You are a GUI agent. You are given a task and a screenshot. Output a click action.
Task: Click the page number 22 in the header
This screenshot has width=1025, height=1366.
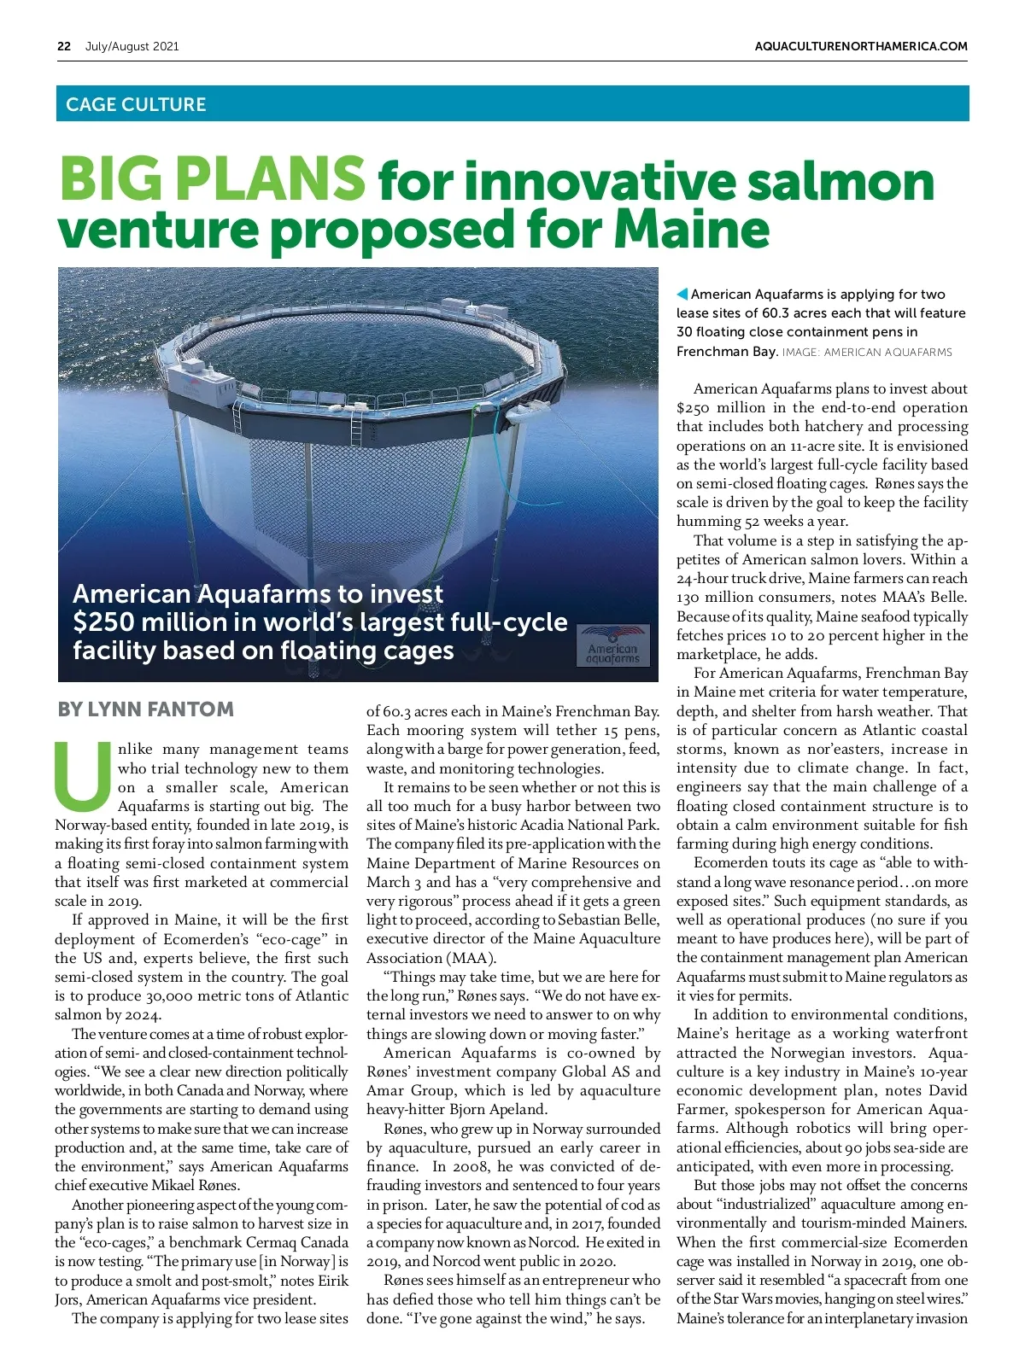click(64, 46)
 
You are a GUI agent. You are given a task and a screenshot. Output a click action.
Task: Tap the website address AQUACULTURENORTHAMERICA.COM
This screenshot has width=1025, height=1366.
click(861, 46)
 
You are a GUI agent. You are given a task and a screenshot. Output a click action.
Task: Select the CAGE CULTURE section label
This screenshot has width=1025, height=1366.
click(136, 104)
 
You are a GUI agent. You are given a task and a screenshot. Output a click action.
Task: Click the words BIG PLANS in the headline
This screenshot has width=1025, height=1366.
click(212, 178)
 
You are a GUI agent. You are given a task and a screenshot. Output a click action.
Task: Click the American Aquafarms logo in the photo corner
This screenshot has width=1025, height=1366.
click(613, 645)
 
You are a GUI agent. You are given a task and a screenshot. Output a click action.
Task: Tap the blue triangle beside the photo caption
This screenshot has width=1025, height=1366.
click(682, 295)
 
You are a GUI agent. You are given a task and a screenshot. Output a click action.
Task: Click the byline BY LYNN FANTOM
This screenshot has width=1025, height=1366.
click(145, 709)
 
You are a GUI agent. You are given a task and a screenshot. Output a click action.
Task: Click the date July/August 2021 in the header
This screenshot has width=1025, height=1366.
click(132, 46)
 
